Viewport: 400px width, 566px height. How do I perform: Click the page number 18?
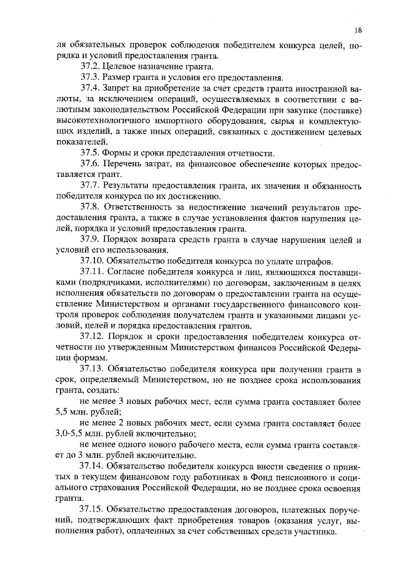tap(357, 29)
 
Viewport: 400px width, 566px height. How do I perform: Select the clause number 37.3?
tap(91, 78)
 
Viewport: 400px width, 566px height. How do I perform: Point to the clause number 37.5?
tap(91, 153)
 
